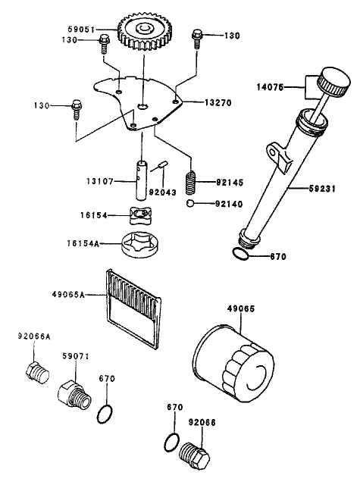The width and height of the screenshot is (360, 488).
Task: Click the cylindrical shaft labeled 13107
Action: pos(143,175)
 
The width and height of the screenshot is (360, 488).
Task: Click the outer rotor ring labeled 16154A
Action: pos(142,246)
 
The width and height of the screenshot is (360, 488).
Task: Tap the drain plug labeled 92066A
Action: pos(36,373)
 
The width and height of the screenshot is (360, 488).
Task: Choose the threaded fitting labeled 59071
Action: pos(72,393)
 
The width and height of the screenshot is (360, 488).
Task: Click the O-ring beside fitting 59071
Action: pos(108,414)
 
